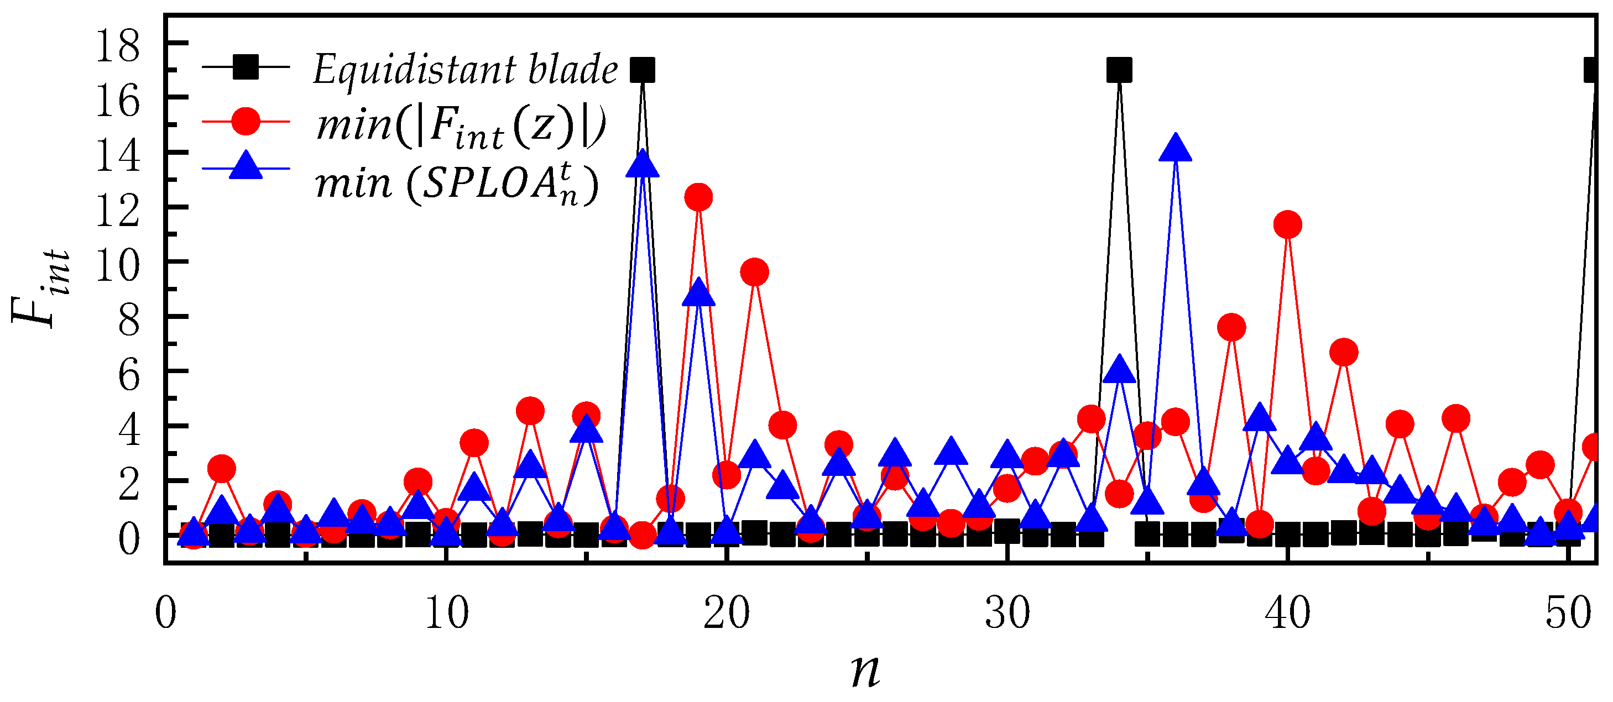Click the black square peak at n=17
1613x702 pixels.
(x=643, y=70)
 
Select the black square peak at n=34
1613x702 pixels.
(x=1119, y=70)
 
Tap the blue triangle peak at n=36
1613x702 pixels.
(x=1175, y=149)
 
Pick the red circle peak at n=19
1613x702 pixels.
(x=698, y=197)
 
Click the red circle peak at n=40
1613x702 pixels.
(x=1287, y=224)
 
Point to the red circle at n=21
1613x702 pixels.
(x=755, y=272)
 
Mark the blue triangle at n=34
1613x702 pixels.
(x=1119, y=370)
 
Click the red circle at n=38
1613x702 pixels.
(x=1231, y=327)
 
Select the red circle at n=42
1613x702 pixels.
(x=1344, y=352)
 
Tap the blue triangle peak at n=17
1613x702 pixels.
(x=643, y=165)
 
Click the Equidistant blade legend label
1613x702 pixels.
(x=465, y=69)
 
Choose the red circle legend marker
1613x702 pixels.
(x=246, y=121)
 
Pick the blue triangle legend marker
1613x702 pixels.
(x=246, y=166)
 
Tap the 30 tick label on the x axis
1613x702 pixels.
(x=1007, y=613)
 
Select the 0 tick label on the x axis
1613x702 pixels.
(x=165, y=613)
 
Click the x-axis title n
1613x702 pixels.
(x=865, y=670)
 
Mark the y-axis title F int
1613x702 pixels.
(x=41, y=288)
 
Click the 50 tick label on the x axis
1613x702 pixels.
(x=1567, y=613)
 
